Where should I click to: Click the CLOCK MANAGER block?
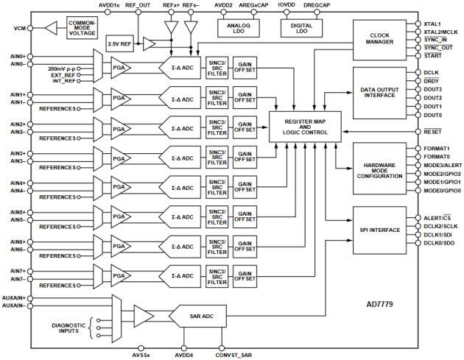(379, 38)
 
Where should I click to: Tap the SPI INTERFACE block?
(379, 230)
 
